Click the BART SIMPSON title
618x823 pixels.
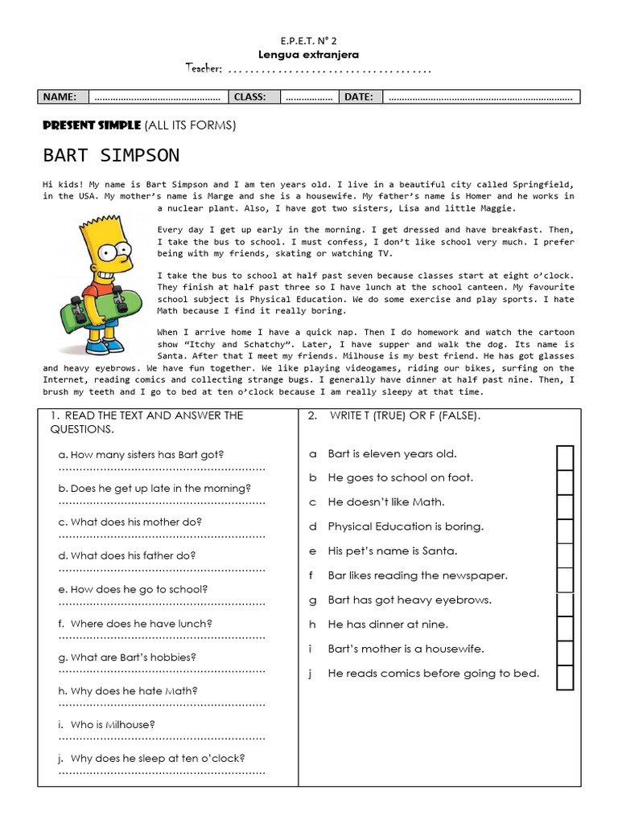111,155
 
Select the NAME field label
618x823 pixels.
60,97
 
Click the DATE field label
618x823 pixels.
358,97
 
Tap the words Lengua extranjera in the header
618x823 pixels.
308,55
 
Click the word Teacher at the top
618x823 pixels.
204,69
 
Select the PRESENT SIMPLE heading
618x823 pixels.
91,125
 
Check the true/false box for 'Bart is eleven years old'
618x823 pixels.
565,457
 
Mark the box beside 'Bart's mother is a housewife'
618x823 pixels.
565,653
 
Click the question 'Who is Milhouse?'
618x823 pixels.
113,724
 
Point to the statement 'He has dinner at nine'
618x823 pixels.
388,624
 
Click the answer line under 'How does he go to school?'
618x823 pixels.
162,603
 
